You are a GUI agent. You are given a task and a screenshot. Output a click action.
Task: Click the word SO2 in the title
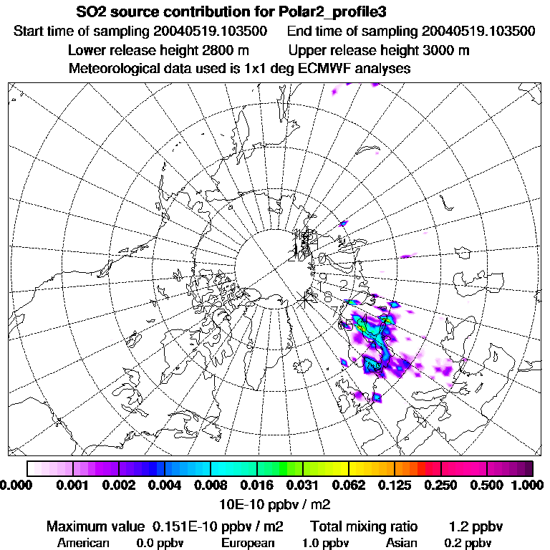pos(90,13)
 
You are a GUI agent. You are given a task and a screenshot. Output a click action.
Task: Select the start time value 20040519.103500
pos(211,32)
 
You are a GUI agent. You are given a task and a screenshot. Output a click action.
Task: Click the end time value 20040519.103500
pos(478,32)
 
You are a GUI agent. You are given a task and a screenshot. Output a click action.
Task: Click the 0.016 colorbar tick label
pos(256,486)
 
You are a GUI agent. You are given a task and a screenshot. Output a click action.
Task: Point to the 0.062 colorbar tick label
pos(348,486)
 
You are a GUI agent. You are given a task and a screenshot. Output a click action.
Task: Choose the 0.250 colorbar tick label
pos(440,486)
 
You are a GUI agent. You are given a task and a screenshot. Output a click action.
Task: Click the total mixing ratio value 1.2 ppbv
pos(476,527)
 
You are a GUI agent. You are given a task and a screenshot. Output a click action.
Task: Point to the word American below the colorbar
pos(84,543)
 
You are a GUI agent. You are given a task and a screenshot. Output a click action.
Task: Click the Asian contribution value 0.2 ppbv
pos(468,543)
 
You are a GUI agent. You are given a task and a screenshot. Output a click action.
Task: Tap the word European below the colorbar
pos(248,543)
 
